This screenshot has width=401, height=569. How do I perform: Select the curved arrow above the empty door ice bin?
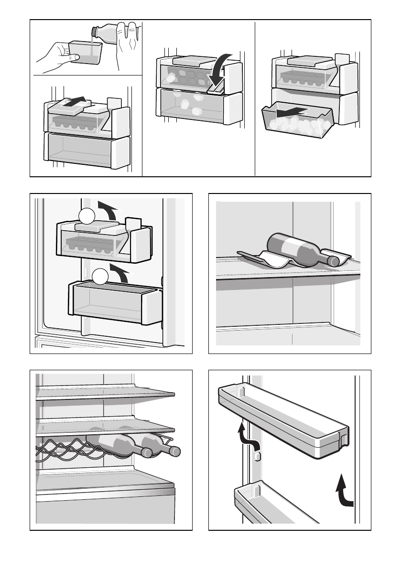pos(119,272)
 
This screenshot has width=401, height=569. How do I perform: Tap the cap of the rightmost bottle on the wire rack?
pos(175,451)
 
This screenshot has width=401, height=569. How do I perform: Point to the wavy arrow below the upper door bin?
pos(248,435)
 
